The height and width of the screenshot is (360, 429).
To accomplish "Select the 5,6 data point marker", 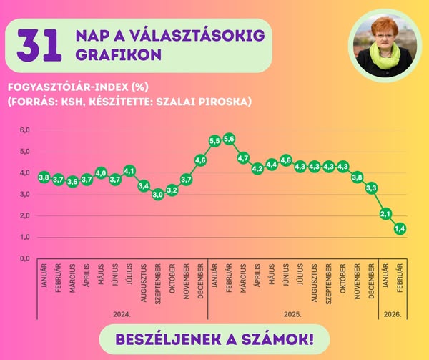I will click(229, 139).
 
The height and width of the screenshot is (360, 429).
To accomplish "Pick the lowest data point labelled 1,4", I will click(400, 228).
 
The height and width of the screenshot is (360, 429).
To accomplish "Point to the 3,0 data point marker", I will click(158, 194).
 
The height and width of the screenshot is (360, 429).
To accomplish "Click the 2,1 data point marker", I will click(385, 213).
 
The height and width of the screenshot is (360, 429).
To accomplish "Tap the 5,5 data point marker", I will click(214, 141).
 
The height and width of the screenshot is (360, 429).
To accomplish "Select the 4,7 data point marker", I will click(243, 158).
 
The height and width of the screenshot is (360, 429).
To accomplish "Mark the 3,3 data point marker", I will click(371, 188).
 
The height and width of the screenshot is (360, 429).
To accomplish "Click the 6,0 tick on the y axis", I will click(24, 130).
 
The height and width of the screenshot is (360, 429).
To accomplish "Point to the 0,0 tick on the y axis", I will click(24, 258).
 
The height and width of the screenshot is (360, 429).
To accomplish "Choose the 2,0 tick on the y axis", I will click(24, 215).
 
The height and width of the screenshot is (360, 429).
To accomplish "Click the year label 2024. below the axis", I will click(122, 313).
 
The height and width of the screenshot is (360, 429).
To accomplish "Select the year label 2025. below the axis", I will click(292, 313).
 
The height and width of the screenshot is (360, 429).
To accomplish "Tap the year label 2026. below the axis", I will click(393, 313).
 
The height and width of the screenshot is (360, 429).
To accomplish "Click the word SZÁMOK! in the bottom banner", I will click(275, 336).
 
